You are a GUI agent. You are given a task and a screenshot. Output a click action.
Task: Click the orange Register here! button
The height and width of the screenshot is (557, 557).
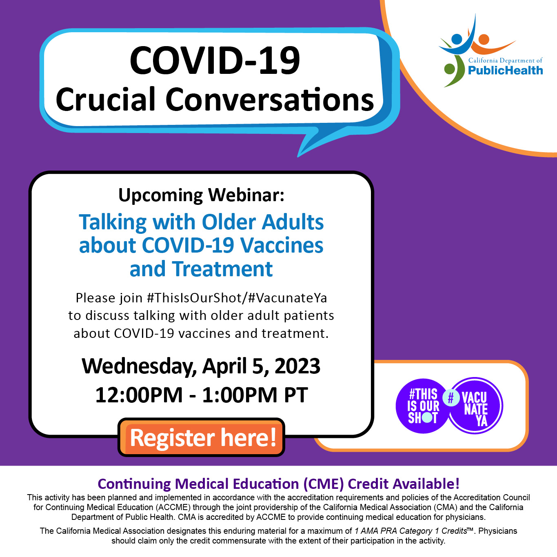coord(201,437)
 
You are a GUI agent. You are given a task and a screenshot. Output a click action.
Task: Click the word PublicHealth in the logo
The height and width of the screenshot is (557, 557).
coord(505,70)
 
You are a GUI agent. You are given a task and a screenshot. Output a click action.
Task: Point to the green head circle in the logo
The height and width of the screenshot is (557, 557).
coord(450,69)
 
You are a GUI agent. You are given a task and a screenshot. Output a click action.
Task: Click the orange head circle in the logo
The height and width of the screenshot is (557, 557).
coord(484,40)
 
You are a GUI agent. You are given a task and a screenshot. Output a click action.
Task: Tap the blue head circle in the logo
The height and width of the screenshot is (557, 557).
coord(457,39)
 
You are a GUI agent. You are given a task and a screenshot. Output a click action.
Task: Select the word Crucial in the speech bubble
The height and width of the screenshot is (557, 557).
coord(106,99)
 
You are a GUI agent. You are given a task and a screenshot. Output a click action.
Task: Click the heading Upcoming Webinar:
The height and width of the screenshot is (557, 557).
coord(202,195)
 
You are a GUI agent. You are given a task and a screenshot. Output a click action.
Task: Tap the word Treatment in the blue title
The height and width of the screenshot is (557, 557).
coord(222,269)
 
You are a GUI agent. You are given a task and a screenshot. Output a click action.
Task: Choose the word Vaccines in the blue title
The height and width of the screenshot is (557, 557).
coord(282,245)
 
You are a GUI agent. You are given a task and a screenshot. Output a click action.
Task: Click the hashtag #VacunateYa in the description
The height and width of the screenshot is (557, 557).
coord(288,298)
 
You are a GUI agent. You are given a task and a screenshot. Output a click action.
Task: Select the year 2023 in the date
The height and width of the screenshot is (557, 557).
coord(297,366)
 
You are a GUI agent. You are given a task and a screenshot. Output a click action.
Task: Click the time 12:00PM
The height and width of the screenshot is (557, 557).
coord(139,395)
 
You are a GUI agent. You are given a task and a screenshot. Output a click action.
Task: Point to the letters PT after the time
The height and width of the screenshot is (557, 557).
coord(296,395)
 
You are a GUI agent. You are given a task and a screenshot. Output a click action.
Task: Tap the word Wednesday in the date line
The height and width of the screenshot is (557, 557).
coord(138,366)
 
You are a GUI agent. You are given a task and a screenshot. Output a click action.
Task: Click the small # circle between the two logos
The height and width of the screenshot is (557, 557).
coord(451,398)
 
